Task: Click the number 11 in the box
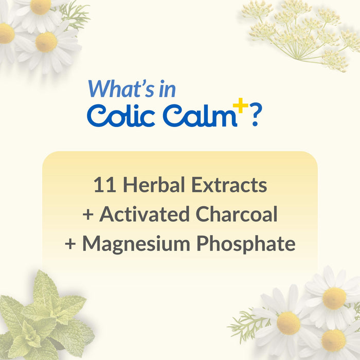(x=102, y=185)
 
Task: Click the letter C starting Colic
(x=96, y=115)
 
